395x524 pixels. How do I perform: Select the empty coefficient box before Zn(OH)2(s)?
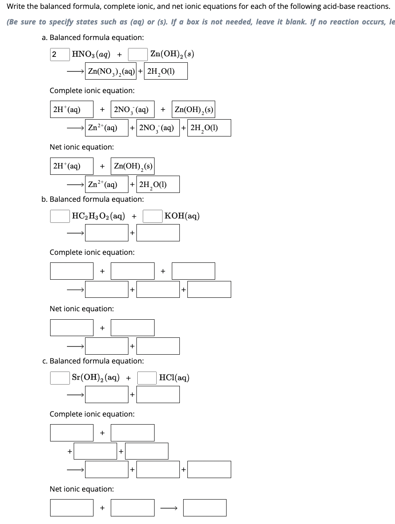click(x=138, y=54)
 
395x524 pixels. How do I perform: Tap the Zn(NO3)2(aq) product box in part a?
click(x=111, y=72)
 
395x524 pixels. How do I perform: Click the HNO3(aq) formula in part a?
click(x=91, y=54)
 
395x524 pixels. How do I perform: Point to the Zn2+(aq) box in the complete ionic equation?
click(x=107, y=128)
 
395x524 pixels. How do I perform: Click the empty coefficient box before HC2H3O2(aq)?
click(x=60, y=216)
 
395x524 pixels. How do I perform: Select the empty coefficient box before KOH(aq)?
click(x=153, y=216)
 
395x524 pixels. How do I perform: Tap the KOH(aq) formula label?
click(x=182, y=216)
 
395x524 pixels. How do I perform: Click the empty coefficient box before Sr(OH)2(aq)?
click(x=60, y=378)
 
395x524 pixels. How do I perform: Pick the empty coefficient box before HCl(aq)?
click(x=147, y=378)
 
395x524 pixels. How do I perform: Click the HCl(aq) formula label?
click(x=174, y=378)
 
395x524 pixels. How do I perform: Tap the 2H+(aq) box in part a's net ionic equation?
click(x=72, y=166)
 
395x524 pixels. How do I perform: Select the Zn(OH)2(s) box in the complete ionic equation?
click(x=194, y=110)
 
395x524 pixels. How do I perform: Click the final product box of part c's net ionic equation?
click(x=205, y=508)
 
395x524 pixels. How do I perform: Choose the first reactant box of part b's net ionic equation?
click(x=72, y=328)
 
